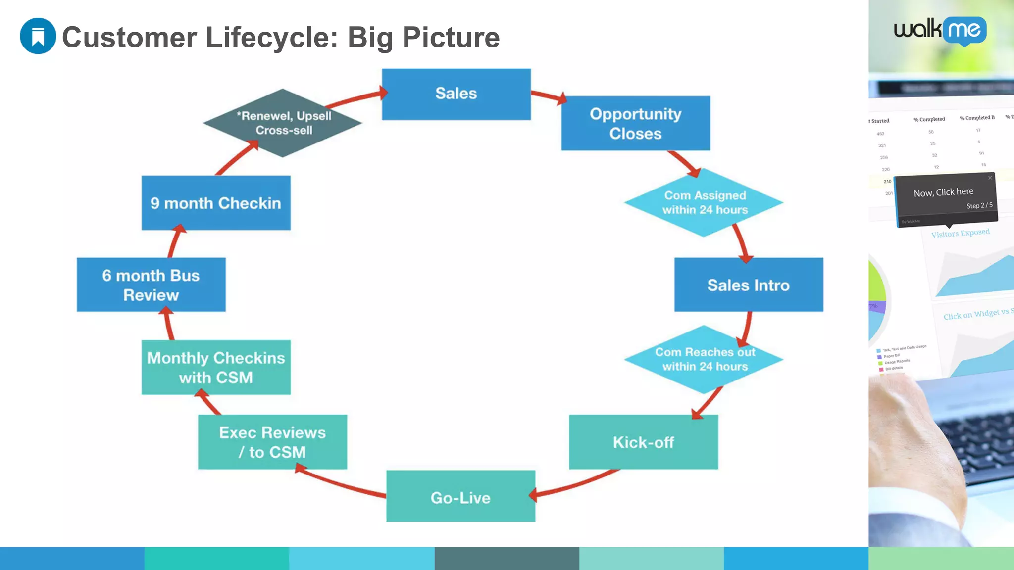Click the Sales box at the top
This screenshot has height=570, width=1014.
point(456,94)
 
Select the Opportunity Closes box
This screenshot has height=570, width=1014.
point(635,123)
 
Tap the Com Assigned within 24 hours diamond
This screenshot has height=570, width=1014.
point(704,202)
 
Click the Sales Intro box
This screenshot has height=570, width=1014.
point(748,285)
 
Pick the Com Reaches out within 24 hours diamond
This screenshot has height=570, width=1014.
point(704,360)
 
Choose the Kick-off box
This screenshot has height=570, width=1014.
point(643,442)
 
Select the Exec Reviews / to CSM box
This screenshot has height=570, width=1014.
point(272,442)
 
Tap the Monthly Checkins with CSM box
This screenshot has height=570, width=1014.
point(216,367)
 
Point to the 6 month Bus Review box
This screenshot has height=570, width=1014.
point(151,285)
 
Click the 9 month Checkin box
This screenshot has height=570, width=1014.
point(216,203)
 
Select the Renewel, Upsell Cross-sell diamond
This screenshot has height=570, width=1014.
point(283,123)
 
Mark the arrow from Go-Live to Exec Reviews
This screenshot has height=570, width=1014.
point(342,483)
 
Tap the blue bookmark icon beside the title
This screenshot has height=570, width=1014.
point(38,36)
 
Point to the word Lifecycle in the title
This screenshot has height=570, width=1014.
point(272,37)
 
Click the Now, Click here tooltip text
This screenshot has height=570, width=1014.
point(943,192)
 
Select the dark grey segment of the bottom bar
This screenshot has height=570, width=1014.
point(507,558)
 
